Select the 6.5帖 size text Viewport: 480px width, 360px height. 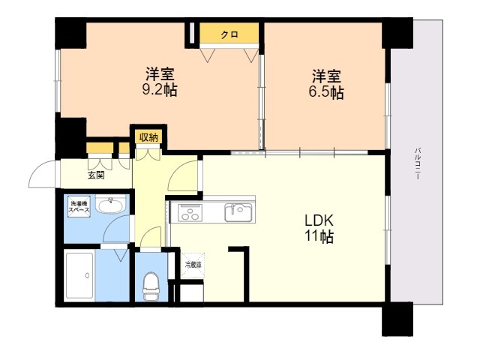click(328, 93)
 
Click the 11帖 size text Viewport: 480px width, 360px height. click(319, 238)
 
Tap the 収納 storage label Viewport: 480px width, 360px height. click(148, 136)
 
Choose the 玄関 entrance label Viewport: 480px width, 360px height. click(96, 175)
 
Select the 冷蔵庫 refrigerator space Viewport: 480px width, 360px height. click(193, 265)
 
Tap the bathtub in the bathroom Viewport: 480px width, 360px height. click(79, 276)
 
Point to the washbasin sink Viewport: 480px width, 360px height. click(113, 203)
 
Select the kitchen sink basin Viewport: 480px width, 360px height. click(239, 212)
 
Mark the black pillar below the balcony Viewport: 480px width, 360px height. click(397, 318)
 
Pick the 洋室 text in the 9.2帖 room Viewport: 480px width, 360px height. click(160, 75)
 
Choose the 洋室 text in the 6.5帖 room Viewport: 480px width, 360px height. click(328, 76)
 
